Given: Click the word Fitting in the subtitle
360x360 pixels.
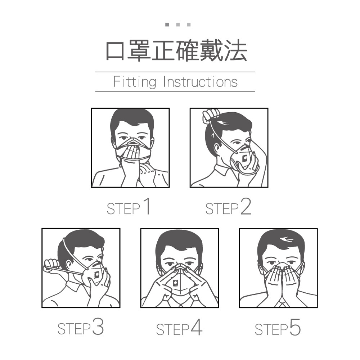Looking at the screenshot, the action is (135, 82).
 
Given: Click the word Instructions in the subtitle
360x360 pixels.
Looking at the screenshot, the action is (201, 82).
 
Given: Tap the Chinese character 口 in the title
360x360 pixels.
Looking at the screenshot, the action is (115, 51).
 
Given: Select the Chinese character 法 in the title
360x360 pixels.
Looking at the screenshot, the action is (235, 50).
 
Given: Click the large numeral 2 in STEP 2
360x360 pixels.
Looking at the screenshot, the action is (246, 207).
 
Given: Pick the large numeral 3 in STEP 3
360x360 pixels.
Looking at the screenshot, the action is (98, 327).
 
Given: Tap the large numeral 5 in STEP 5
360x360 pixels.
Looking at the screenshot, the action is (295, 327).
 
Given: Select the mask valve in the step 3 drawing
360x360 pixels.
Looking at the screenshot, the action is (96, 275).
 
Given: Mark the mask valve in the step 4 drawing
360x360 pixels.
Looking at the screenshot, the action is (176, 283).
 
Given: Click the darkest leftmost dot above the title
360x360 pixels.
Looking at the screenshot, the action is (167, 24).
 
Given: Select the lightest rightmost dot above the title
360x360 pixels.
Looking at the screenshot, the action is (189, 24).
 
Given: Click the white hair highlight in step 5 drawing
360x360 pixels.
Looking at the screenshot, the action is (286, 239).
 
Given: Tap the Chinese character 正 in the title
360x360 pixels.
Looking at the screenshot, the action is (163, 51).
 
